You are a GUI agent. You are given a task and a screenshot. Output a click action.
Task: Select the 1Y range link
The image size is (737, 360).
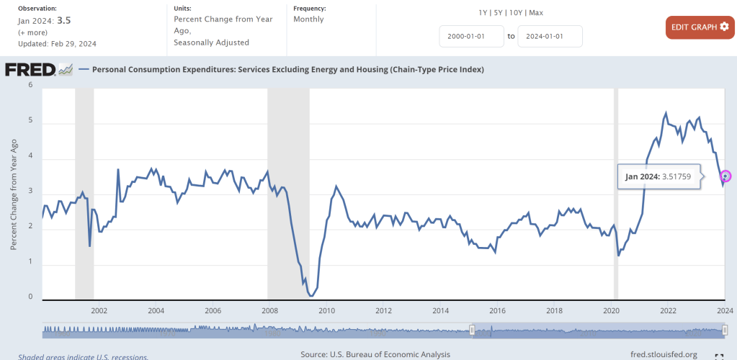tap(483, 13)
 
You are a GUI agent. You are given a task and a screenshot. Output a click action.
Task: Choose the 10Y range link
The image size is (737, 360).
tap(516, 13)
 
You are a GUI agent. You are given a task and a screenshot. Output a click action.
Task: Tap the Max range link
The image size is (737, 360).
tap(536, 13)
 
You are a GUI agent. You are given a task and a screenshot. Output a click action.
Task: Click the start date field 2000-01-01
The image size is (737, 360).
tap(471, 36)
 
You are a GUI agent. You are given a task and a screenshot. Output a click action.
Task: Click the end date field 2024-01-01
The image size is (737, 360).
tap(550, 36)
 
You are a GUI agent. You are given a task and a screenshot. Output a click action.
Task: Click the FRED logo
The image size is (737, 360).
tap(39, 70)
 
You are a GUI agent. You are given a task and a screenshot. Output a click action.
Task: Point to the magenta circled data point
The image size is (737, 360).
tap(725, 176)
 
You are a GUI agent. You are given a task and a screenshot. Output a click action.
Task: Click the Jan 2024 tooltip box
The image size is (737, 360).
tap(658, 176)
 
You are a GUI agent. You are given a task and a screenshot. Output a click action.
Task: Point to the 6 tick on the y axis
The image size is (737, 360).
tap(30, 85)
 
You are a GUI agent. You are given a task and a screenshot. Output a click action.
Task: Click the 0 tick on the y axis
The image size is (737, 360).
tap(30, 297)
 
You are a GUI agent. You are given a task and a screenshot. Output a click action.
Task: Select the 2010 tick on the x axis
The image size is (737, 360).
tap(327, 311)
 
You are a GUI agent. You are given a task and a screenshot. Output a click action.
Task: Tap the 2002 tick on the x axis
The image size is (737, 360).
tap(99, 311)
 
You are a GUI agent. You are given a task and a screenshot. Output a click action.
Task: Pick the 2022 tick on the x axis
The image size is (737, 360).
tap(668, 311)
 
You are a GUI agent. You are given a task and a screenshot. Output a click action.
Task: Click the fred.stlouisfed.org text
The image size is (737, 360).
tap(664, 354)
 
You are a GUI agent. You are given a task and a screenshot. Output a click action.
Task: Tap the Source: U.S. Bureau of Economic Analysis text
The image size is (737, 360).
tap(375, 354)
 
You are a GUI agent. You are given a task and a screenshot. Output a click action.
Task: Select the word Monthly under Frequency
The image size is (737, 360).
tap(308, 19)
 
